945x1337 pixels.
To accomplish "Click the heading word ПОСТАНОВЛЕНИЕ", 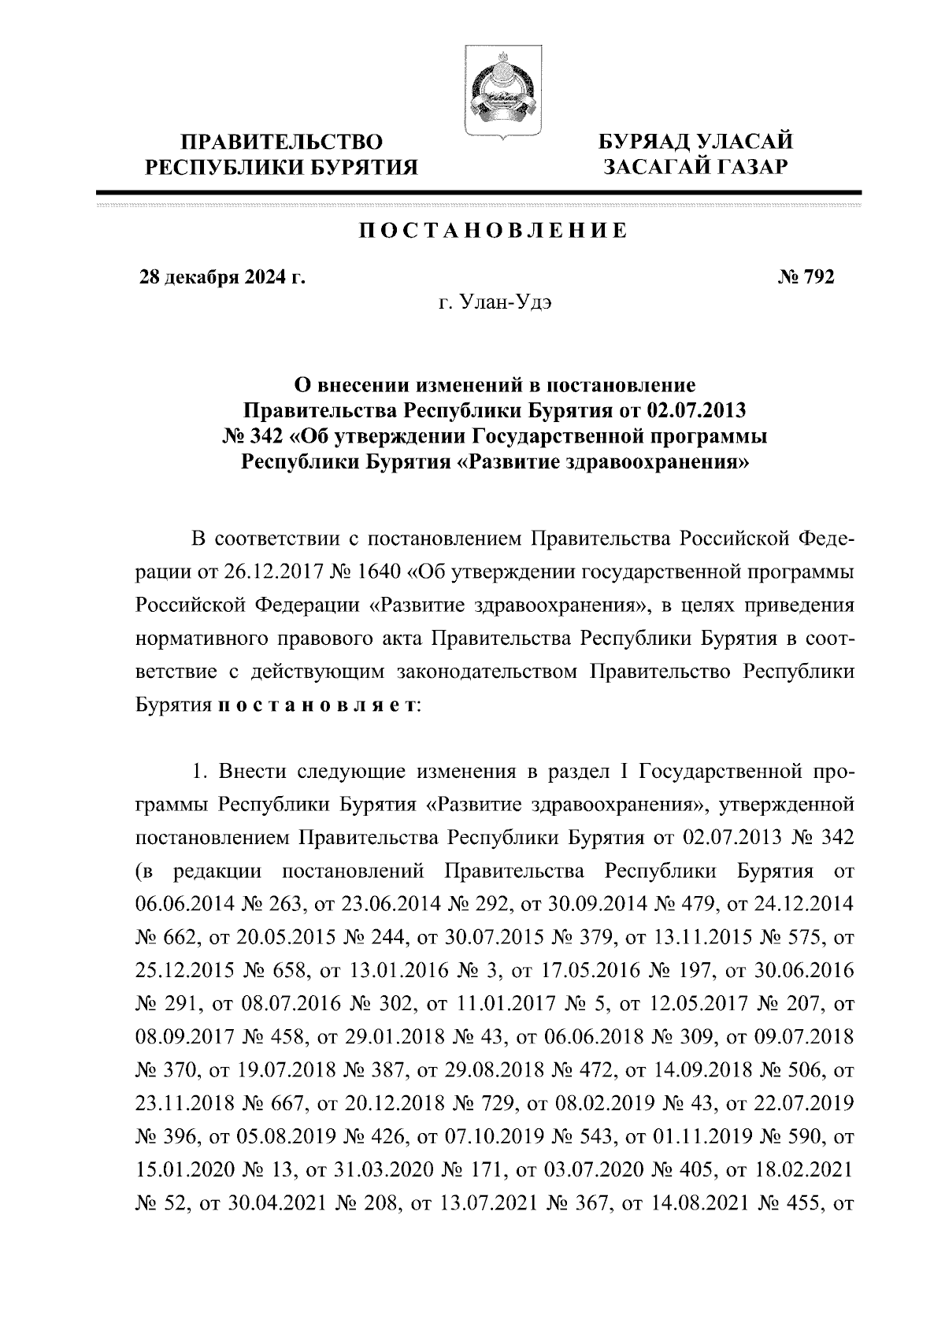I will pyautogui.click(x=493, y=231).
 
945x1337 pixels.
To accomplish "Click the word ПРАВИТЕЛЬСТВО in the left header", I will pyautogui.click(x=283, y=143).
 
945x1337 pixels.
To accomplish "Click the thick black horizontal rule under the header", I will pyautogui.click(x=478, y=191).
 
